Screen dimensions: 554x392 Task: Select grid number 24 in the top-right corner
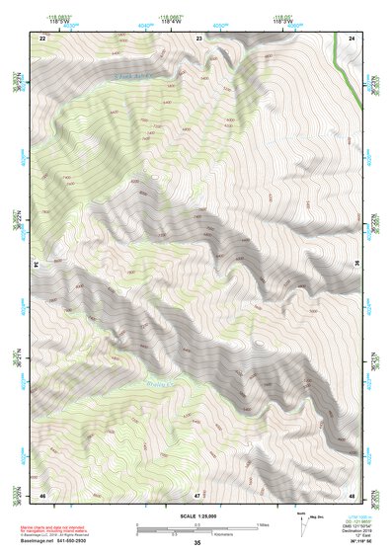click(x=353, y=38)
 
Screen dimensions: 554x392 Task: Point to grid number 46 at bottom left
click(x=43, y=494)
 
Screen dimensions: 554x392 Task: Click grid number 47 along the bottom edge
click(x=198, y=494)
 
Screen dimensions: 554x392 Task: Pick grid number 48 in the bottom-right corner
click(x=353, y=494)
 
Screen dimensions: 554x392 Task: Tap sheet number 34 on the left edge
click(x=38, y=266)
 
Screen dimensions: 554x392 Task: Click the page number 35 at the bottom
click(x=197, y=543)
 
